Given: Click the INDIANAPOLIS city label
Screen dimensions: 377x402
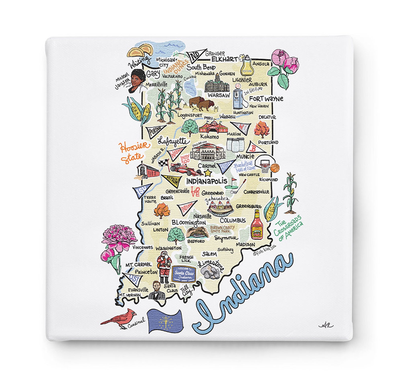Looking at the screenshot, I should click(x=207, y=181).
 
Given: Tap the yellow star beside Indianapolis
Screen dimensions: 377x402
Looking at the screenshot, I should click(x=208, y=173).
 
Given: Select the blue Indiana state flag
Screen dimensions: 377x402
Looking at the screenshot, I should click(x=165, y=321).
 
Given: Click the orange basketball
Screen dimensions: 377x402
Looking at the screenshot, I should click(x=275, y=167).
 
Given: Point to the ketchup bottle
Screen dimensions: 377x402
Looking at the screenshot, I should click(x=257, y=225).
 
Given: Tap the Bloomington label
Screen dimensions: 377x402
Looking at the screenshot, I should click(x=189, y=223).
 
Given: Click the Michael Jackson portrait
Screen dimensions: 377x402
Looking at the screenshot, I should click(x=137, y=81).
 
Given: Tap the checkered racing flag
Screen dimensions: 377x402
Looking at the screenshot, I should click(x=163, y=163).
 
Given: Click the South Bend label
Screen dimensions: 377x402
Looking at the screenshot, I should click(x=201, y=67).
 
